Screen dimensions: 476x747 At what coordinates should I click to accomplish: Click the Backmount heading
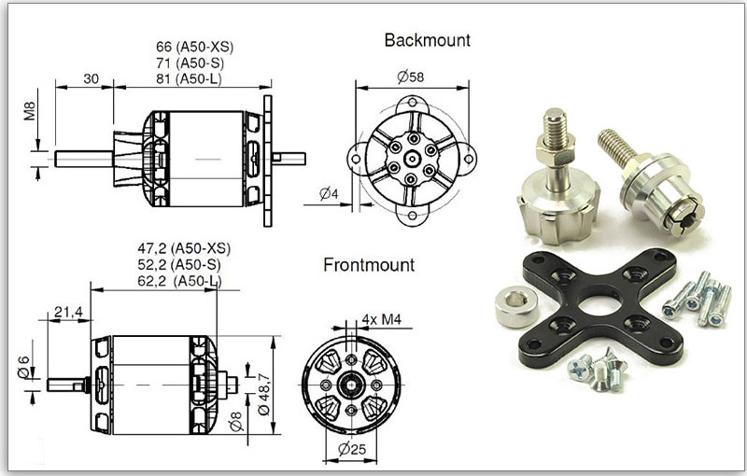point(427,40)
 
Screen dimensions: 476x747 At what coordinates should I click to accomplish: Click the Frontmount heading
point(369,265)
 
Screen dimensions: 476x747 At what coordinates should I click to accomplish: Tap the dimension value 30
point(91,78)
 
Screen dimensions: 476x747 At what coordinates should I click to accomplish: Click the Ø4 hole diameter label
point(329,194)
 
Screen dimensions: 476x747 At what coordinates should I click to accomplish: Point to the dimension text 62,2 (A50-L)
point(183,280)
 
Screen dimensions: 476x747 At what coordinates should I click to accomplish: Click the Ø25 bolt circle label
point(350,451)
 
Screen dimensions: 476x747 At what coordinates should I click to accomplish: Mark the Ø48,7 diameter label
point(264,384)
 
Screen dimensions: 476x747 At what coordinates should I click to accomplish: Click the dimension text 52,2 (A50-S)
point(183,264)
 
